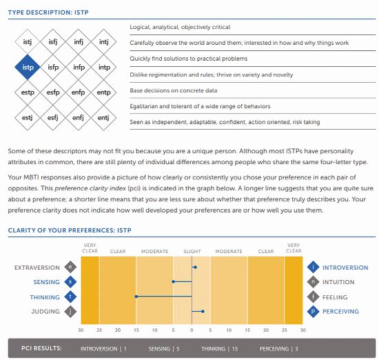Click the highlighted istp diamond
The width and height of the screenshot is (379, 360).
click(x=28, y=67)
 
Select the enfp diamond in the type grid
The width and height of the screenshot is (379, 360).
click(x=78, y=92)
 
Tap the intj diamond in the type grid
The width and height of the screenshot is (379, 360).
click(x=103, y=41)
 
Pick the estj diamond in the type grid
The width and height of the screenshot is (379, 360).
click(x=28, y=117)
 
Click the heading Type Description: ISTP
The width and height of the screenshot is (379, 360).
click(x=48, y=12)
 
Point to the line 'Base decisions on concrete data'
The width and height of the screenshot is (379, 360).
click(x=173, y=90)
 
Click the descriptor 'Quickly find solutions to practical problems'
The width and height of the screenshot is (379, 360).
click(x=189, y=59)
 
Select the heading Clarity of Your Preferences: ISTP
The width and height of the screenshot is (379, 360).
click(x=70, y=230)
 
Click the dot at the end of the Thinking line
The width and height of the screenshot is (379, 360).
click(x=136, y=297)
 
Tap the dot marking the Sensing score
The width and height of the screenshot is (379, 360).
click(x=173, y=281)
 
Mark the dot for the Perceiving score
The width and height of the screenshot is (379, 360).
click(x=203, y=311)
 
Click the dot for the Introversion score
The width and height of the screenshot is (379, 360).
click(x=195, y=268)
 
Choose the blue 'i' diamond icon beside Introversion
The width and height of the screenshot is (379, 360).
click(x=314, y=267)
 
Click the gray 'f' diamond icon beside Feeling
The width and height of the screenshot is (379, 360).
click(x=314, y=297)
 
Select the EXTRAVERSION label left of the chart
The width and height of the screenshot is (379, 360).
click(x=37, y=268)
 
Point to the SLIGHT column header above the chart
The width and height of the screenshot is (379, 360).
click(x=192, y=251)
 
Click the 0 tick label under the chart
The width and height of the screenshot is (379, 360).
click(x=192, y=330)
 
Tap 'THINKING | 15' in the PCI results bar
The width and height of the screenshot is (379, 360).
click(x=219, y=349)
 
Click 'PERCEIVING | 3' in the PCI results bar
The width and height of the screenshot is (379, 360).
click(x=278, y=349)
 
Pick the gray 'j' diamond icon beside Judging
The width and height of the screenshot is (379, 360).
click(x=70, y=311)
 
